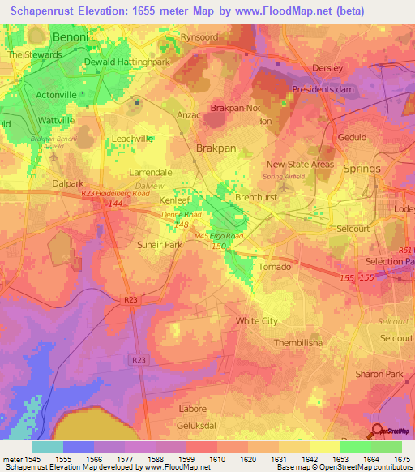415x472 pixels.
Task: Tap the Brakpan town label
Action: click(x=216, y=148)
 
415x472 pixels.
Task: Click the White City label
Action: click(x=257, y=321)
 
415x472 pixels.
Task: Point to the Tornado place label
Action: click(x=273, y=267)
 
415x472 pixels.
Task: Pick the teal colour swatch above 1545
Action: click(x=48, y=447)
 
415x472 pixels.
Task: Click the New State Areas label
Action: click(x=300, y=165)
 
